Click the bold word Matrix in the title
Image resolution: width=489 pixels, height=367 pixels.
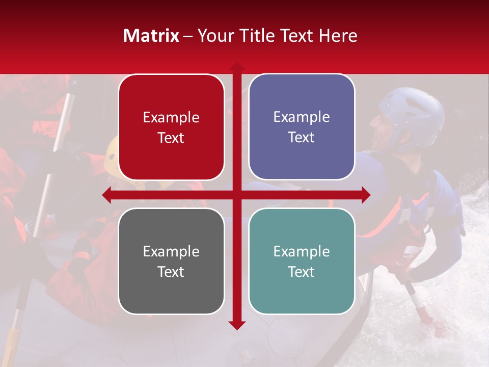[151, 36]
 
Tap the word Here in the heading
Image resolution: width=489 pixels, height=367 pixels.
[338, 36]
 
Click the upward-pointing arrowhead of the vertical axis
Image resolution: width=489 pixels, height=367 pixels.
[236, 66]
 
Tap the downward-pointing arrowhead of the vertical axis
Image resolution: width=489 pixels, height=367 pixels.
[236, 325]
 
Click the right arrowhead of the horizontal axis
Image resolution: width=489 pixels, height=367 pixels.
[366, 195]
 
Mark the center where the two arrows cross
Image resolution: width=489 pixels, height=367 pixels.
[236, 195]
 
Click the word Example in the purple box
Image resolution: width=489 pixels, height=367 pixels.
[302, 117]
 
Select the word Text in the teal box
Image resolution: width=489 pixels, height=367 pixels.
[302, 272]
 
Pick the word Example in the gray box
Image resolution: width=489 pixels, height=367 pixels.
[171, 252]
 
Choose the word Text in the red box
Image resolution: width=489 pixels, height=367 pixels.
[171, 138]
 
